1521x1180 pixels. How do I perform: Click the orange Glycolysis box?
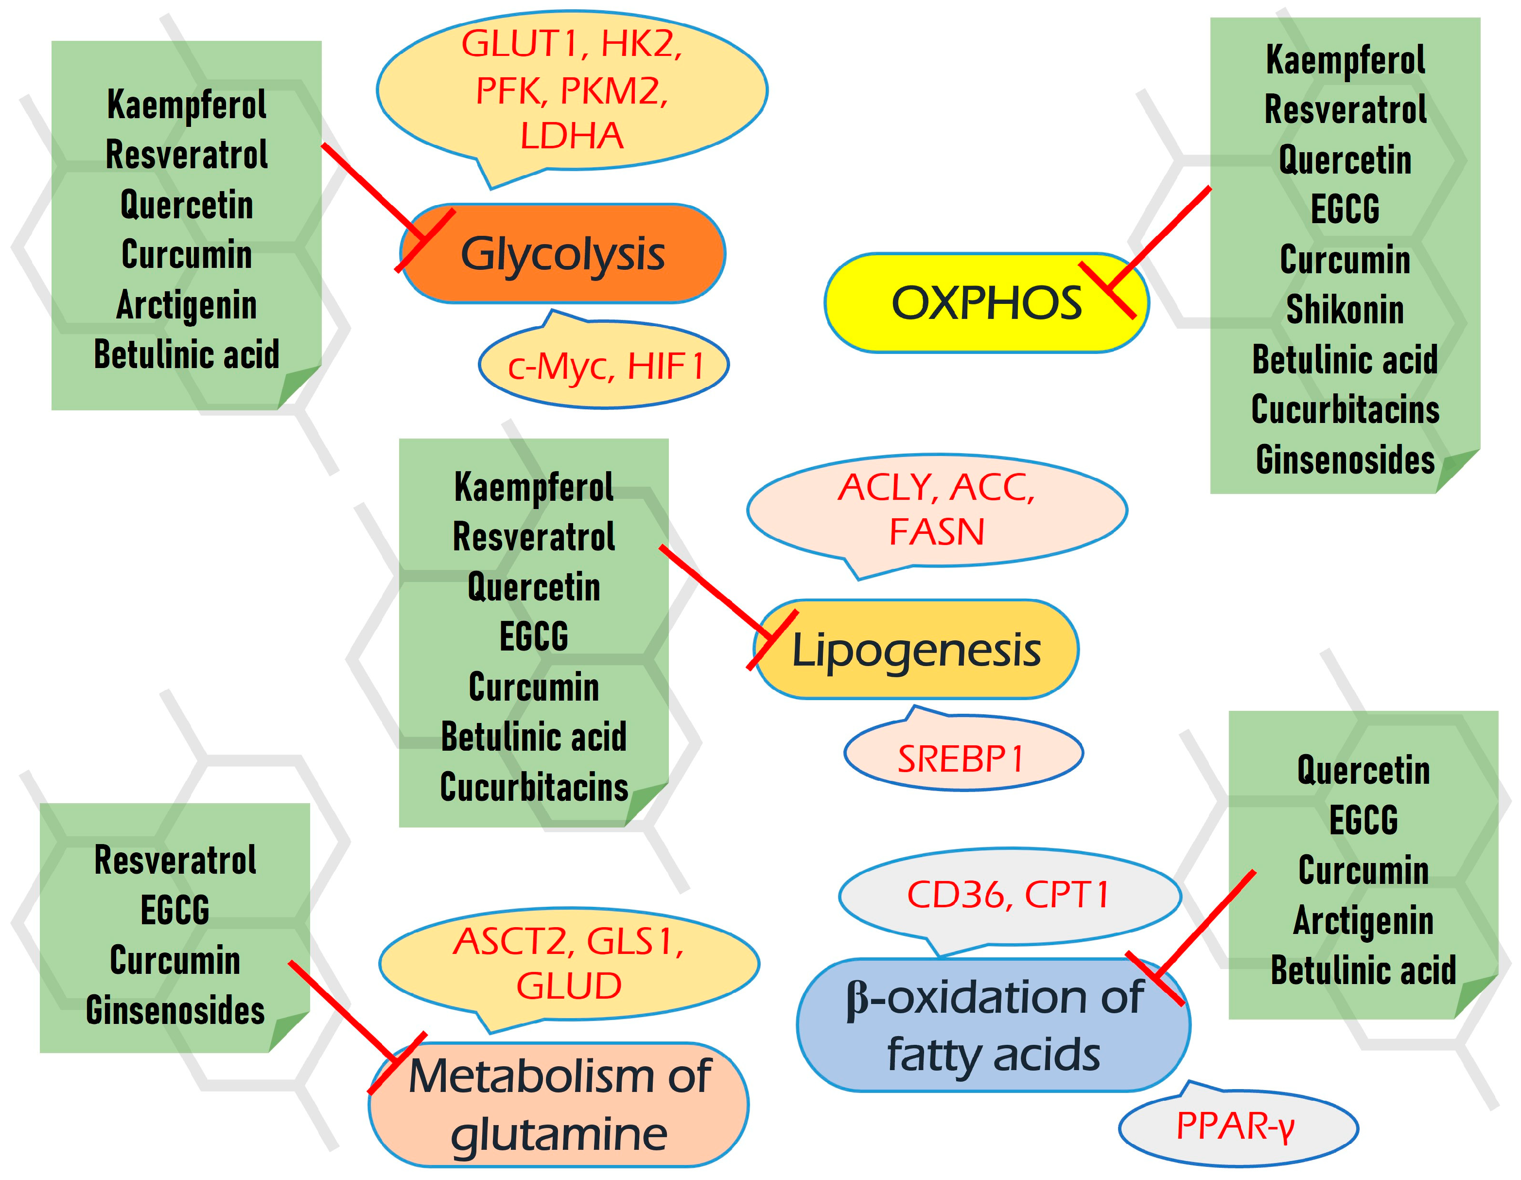click(563, 254)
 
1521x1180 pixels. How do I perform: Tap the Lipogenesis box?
click(916, 649)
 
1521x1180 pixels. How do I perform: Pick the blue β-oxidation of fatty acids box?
click(993, 1025)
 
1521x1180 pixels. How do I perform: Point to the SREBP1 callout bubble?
click(962, 758)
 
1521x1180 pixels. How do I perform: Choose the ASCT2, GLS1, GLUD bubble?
click(568, 963)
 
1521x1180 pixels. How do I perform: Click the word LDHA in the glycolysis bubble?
click(571, 136)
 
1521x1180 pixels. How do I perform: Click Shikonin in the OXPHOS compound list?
click(1344, 309)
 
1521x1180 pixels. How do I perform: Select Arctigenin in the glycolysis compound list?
click(186, 305)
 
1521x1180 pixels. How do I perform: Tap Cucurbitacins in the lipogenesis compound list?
click(533, 787)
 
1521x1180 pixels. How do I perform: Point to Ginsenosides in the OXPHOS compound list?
click(1344, 460)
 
